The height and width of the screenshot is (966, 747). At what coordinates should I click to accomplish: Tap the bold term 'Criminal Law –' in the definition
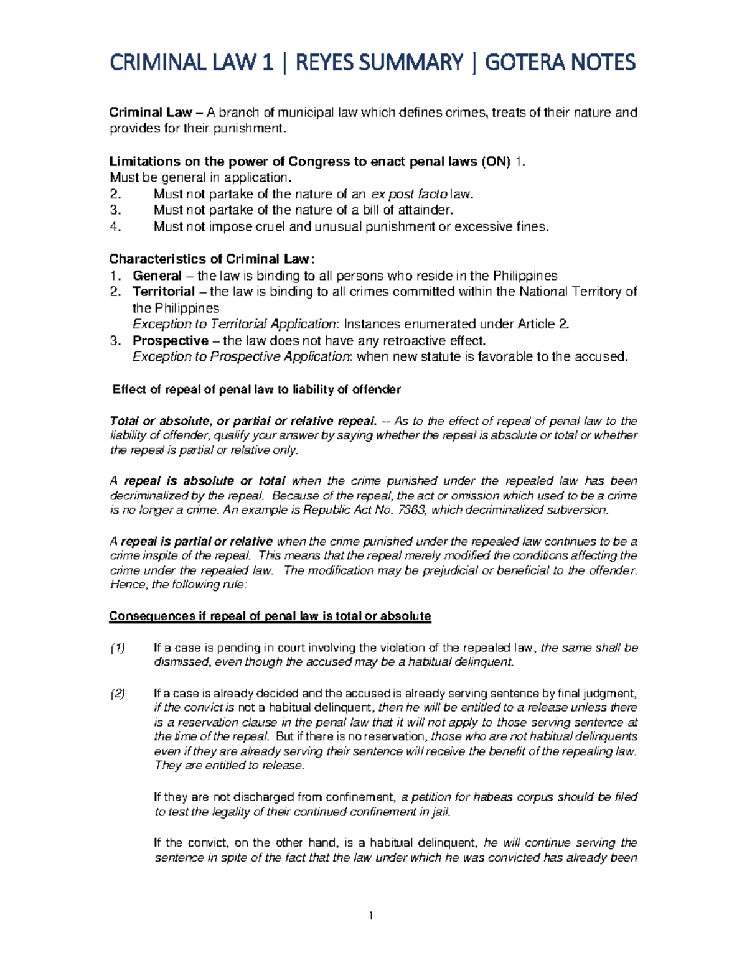point(156,113)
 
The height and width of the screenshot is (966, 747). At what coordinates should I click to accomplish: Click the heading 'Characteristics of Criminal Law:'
point(212,259)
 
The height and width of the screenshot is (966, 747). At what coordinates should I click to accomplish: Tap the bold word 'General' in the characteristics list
point(157,276)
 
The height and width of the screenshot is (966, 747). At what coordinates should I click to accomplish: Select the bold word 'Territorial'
point(164,292)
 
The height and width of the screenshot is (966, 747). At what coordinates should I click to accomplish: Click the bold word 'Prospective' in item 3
point(170,341)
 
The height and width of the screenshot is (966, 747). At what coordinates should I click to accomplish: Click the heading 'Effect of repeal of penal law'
point(256,389)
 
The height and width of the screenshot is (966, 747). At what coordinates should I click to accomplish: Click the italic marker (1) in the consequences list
point(117,648)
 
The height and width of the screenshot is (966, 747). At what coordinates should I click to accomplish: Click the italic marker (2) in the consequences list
point(117,694)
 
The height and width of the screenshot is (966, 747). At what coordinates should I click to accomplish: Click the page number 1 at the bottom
point(371,915)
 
